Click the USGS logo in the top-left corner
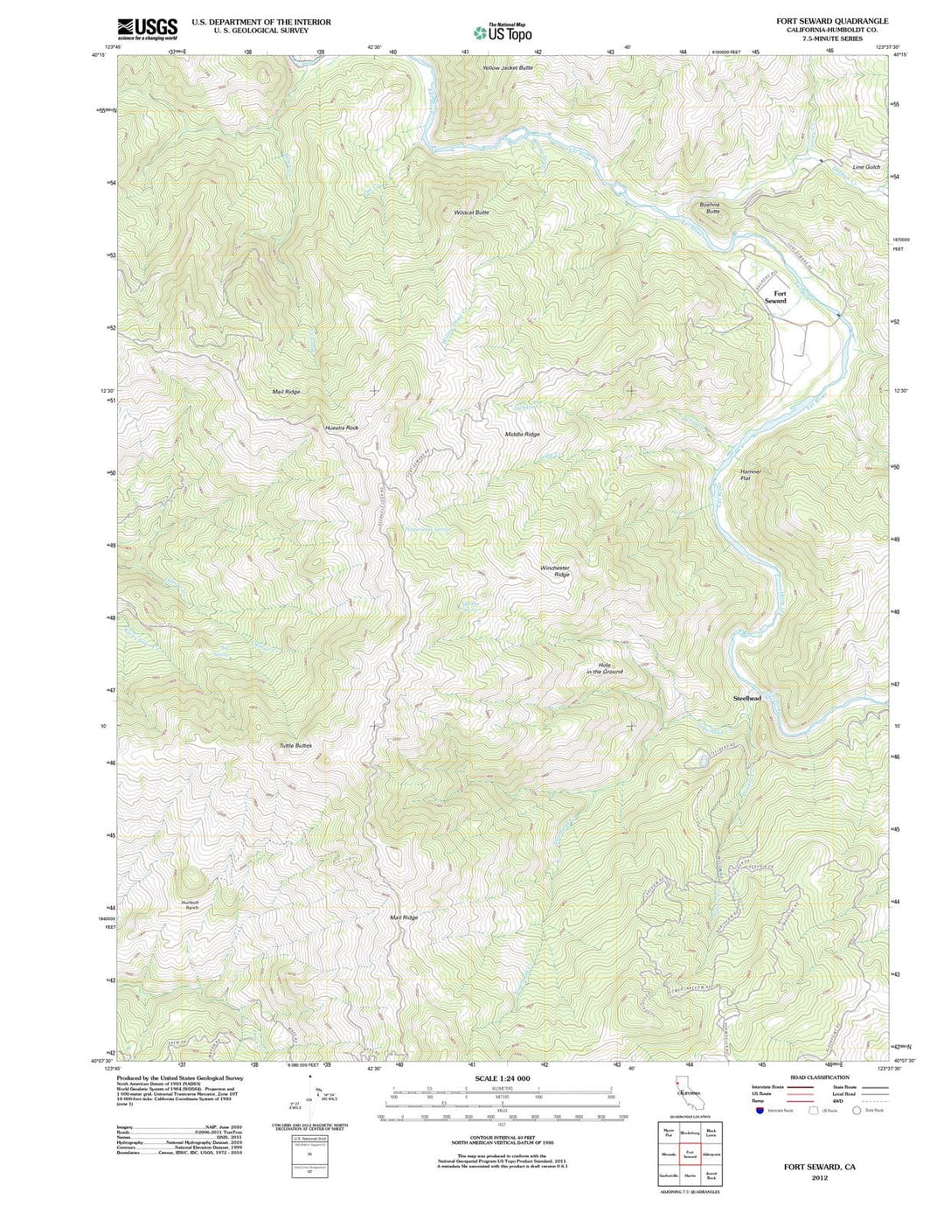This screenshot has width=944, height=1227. tap(148, 29)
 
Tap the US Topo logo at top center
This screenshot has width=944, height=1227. tap(503, 32)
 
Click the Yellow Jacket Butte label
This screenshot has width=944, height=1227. tap(507, 67)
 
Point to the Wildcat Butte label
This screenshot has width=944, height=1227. tap(471, 213)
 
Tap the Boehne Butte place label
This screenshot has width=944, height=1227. tap(709, 208)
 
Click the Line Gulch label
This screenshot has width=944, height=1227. tap(866, 167)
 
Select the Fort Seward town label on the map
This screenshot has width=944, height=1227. tap(775, 297)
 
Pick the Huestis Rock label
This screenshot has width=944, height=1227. tap(341, 428)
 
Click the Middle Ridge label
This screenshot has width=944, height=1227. tap(522, 434)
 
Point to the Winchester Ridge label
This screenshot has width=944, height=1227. tap(554, 571)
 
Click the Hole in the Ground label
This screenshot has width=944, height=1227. tap(604, 668)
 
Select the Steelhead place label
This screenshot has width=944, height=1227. tap(746, 699)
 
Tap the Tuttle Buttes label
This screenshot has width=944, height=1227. tap(295, 745)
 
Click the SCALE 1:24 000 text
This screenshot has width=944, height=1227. tap(502, 1078)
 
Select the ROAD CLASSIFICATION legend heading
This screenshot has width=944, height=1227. tap(819, 1077)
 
